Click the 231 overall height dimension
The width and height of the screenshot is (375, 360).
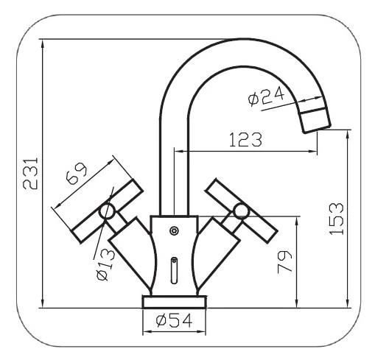(30, 173)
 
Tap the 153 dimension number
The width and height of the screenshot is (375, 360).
(337, 219)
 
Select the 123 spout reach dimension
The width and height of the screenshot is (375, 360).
(245, 139)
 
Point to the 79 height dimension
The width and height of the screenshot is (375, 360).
(285, 262)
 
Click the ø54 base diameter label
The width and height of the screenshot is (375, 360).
(174, 321)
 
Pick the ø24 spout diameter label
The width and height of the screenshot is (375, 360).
(266, 96)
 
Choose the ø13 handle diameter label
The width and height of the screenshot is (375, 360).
(105, 264)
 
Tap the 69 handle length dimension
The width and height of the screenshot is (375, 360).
(77, 173)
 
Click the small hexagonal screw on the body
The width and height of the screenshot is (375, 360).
(174, 231)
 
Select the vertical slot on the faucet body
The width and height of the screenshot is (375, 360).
(174, 270)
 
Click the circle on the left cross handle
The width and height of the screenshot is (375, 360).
(108, 211)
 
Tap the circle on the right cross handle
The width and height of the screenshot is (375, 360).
(241, 211)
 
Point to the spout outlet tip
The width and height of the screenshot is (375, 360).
(318, 130)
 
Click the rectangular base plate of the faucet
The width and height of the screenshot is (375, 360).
(174, 302)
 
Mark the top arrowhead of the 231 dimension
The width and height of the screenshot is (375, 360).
(43, 43)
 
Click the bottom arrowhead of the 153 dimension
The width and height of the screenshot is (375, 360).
(348, 303)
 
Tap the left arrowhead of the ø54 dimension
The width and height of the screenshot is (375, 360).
(147, 332)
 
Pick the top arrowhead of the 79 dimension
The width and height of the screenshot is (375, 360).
(297, 222)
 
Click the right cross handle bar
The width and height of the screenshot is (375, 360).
(242, 211)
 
